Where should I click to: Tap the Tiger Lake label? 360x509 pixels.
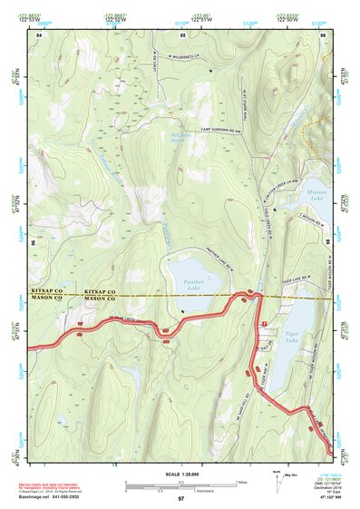point(293,336)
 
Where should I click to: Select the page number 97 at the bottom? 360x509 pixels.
point(181,499)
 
